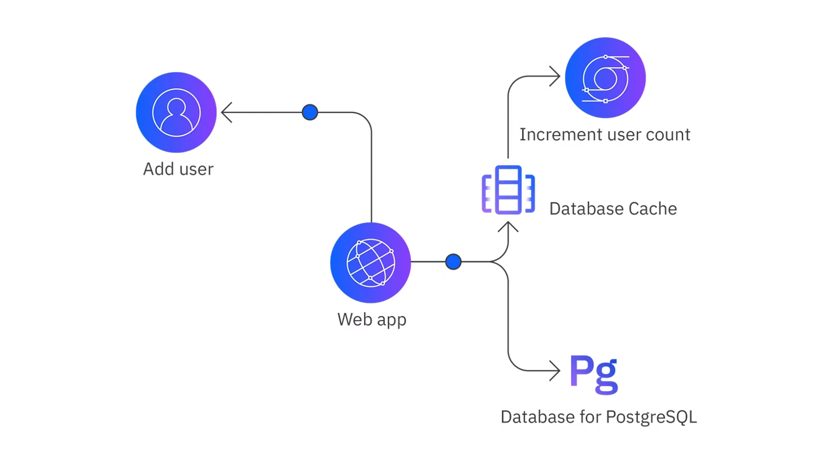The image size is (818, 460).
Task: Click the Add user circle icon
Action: coord(176,113)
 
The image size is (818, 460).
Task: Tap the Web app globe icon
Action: coord(370,263)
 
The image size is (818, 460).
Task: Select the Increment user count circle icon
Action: coord(605,78)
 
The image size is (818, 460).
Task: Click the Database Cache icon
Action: coord(508,190)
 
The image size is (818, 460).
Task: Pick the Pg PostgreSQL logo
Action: coord(594,374)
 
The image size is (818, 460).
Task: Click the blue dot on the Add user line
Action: coord(310,112)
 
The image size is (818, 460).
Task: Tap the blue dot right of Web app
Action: coord(453,262)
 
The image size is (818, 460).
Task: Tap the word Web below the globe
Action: coord(355,320)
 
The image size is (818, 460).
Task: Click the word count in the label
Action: coord(668,135)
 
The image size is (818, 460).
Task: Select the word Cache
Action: coord(652,209)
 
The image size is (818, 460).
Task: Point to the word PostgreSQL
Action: coord(651,417)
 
